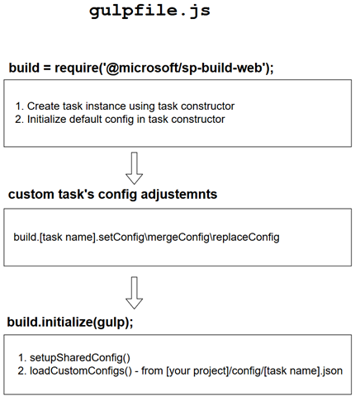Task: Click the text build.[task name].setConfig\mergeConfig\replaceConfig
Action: click(146, 237)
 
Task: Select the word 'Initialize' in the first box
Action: click(50, 120)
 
